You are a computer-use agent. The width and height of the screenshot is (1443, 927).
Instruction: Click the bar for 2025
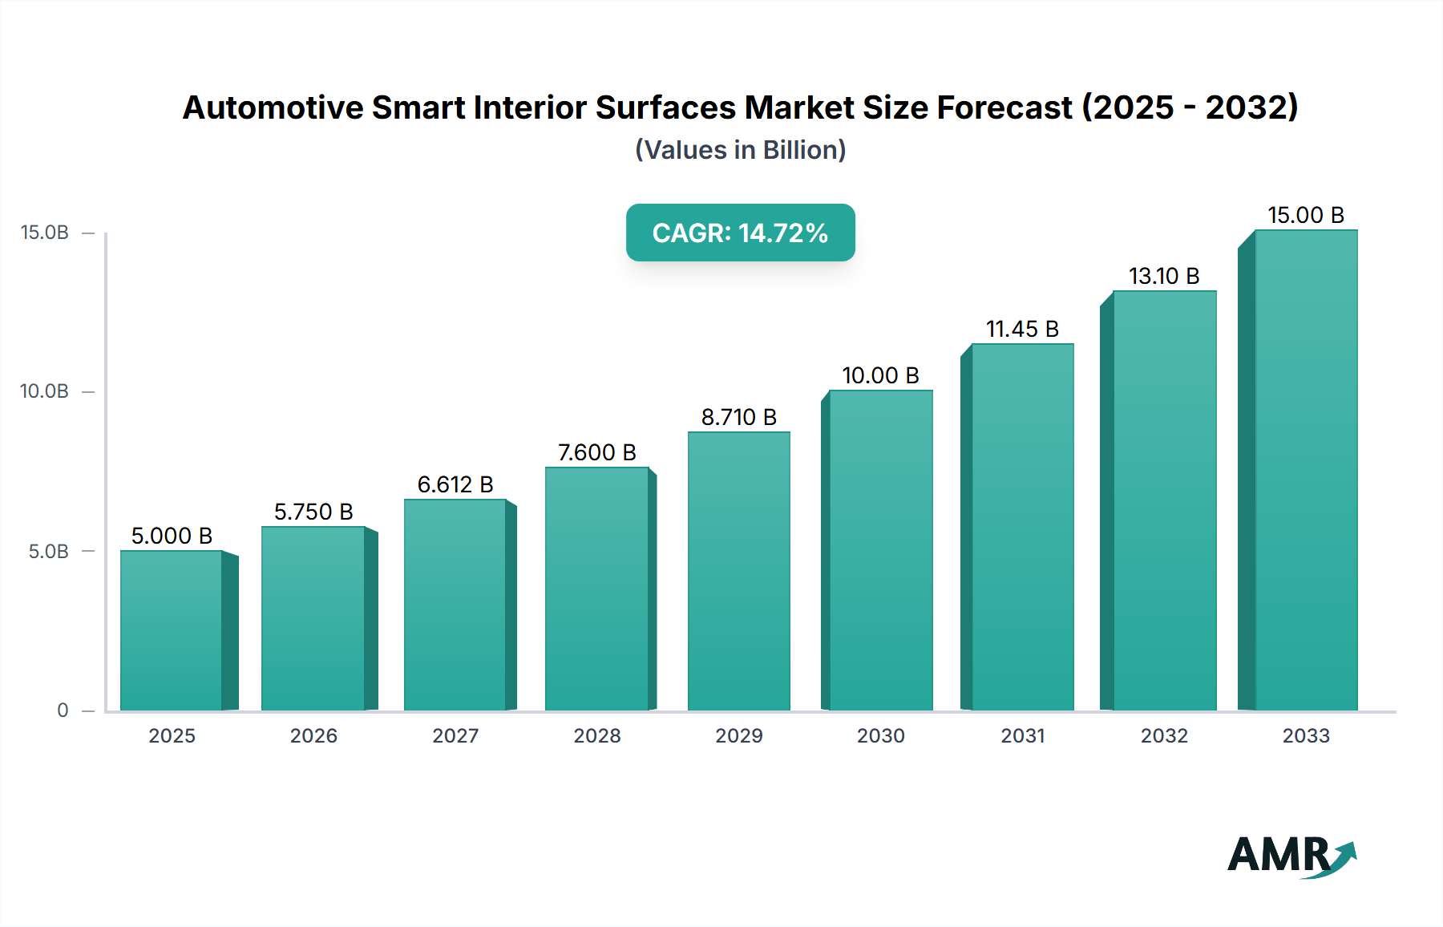click(x=172, y=630)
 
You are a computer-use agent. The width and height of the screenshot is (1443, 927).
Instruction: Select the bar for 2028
click(x=597, y=589)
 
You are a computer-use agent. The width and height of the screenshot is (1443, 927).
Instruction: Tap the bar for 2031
click(x=1022, y=527)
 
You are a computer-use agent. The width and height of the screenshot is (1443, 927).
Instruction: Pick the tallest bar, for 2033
click(x=1306, y=470)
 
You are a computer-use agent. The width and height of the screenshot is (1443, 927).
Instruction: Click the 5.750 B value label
click(x=313, y=512)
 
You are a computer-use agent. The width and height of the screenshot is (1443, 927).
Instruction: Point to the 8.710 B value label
click(x=738, y=417)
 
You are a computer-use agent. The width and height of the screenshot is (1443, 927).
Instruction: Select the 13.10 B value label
click(x=1164, y=276)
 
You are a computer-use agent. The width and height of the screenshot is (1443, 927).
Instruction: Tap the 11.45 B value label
click(x=1022, y=329)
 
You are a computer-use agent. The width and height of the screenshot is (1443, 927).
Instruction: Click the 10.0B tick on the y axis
click(x=45, y=391)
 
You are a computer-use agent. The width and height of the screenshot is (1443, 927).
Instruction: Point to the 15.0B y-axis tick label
click(x=45, y=233)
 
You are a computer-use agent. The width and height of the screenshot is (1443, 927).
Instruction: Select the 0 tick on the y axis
click(x=63, y=710)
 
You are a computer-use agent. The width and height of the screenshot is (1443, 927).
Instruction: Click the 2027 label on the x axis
click(x=455, y=735)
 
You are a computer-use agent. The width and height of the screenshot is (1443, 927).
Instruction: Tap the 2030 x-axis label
click(x=880, y=735)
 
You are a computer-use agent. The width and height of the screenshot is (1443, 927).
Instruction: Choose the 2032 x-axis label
click(x=1164, y=735)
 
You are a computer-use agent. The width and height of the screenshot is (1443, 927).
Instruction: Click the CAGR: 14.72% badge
click(x=740, y=233)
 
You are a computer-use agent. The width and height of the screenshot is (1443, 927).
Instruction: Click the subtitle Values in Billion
click(x=740, y=150)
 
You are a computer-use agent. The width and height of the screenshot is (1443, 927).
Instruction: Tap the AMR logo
click(x=1291, y=855)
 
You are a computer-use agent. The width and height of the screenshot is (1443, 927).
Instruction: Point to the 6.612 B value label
click(x=455, y=484)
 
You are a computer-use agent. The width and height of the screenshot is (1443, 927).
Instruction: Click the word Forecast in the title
click(x=1004, y=107)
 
